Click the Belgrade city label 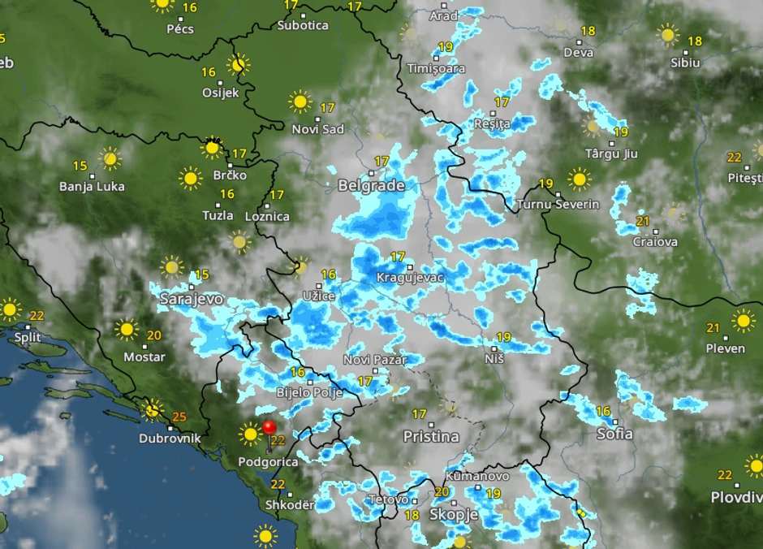[x=371, y=186]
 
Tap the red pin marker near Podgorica [x=269, y=428]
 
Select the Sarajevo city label [x=191, y=299]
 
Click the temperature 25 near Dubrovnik [x=179, y=417]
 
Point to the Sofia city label [x=614, y=434]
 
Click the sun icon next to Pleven [x=743, y=321]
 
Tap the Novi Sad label [x=318, y=129]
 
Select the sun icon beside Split [x=10, y=309]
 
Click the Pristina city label [x=431, y=436]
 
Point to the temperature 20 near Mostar [x=154, y=335]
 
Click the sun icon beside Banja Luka [x=110, y=158]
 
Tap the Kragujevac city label [x=410, y=278]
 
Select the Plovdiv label [x=736, y=497]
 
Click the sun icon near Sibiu [x=668, y=35]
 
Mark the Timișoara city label [x=437, y=68]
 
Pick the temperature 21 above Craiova [x=643, y=221]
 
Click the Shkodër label [x=289, y=504]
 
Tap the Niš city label [x=494, y=358]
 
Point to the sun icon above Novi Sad [x=300, y=102]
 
